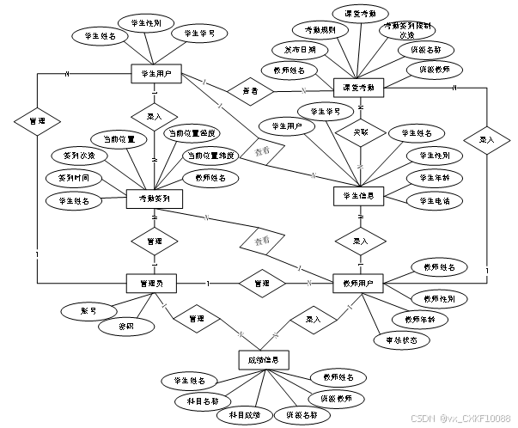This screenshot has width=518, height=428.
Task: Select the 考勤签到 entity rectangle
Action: (x=154, y=199)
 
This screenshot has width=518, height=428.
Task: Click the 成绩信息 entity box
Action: (x=263, y=358)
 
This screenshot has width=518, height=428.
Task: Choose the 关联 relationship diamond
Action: (x=358, y=134)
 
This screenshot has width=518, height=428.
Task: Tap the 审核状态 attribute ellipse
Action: (x=401, y=339)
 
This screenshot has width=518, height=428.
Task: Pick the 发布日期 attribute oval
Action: (x=294, y=50)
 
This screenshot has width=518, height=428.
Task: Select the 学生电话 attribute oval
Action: (x=436, y=201)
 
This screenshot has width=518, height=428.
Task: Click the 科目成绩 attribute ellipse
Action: (x=244, y=415)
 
